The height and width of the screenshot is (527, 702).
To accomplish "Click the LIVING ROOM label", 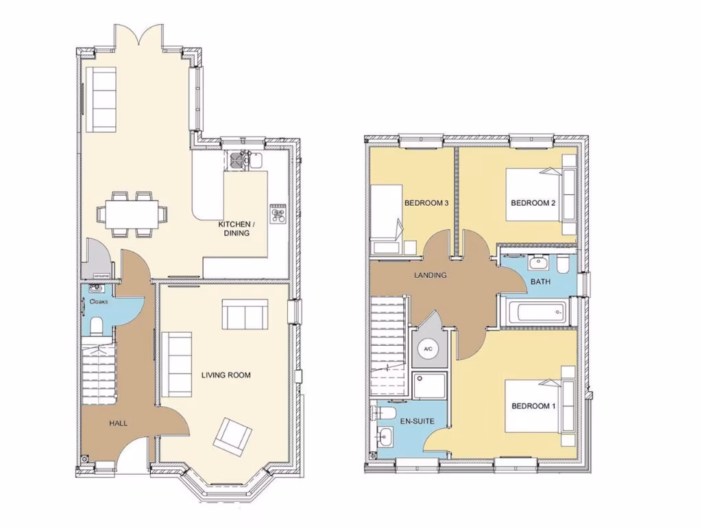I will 226,375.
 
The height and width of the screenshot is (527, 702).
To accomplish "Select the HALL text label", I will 118,423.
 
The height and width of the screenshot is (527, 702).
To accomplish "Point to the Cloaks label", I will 99,301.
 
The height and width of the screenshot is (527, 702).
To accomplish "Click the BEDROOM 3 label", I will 426,203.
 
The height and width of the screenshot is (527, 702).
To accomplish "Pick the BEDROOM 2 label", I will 533,203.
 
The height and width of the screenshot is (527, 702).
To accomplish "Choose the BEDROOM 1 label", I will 533,406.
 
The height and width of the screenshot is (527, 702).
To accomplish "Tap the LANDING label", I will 430,275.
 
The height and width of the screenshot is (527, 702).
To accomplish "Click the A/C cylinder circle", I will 428,349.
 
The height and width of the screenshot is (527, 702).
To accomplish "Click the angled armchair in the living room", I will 232,435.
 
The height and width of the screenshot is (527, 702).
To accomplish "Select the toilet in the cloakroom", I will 95,325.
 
